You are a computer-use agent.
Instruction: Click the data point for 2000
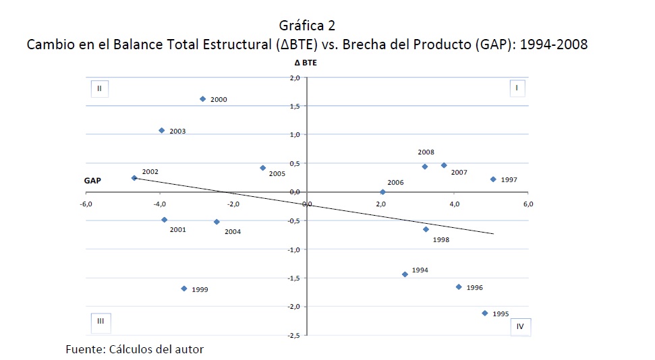click(x=202, y=99)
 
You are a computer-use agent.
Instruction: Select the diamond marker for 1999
click(x=183, y=289)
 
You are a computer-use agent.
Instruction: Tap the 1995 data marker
click(x=484, y=313)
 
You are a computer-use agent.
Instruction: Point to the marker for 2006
click(x=382, y=192)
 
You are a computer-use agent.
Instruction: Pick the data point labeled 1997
click(x=493, y=179)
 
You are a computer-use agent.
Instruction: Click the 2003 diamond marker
click(x=161, y=130)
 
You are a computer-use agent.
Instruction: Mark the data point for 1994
click(x=405, y=274)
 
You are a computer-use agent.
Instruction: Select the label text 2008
click(x=426, y=152)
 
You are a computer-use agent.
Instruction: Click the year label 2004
click(x=233, y=232)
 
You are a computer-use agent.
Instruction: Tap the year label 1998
click(x=441, y=239)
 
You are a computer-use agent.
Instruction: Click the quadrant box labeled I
click(x=516, y=88)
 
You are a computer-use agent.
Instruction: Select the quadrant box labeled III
click(x=100, y=322)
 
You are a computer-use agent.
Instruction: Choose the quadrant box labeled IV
click(x=520, y=326)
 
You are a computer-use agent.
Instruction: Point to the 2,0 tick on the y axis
click(x=294, y=78)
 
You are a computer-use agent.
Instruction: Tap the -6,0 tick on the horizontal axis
click(x=86, y=204)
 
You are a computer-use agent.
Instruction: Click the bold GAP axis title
click(x=93, y=181)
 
